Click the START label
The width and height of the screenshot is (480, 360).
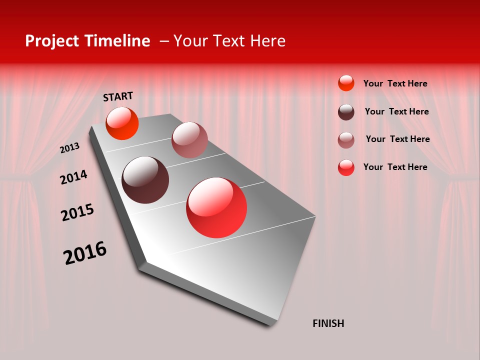(x=118, y=96)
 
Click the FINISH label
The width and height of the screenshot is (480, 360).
(x=328, y=323)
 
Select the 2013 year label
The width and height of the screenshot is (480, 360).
(x=69, y=148)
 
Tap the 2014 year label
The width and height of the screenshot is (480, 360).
(x=73, y=177)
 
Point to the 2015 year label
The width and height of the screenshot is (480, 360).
(x=77, y=212)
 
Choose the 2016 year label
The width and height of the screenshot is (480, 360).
(x=85, y=253)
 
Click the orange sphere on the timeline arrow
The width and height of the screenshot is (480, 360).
(x=122, y=123)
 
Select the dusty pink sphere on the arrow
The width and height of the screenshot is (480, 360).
(x=189, y=140)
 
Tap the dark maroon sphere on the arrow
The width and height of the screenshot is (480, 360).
(x=145, y=180)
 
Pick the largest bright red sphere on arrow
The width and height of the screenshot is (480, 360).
(x=216, y=207)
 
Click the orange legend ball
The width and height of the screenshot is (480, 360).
(x=346, y=83)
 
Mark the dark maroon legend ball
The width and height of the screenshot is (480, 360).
(x=346, y=112)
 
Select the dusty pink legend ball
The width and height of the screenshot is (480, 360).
(x=346, y=140)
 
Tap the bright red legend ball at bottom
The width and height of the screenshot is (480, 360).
(x=346, y=167)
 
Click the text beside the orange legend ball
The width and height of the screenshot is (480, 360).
(x=395, y=83)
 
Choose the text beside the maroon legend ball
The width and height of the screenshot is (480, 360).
(x=396, y=111)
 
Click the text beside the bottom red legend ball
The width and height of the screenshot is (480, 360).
(x=395, y=167)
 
